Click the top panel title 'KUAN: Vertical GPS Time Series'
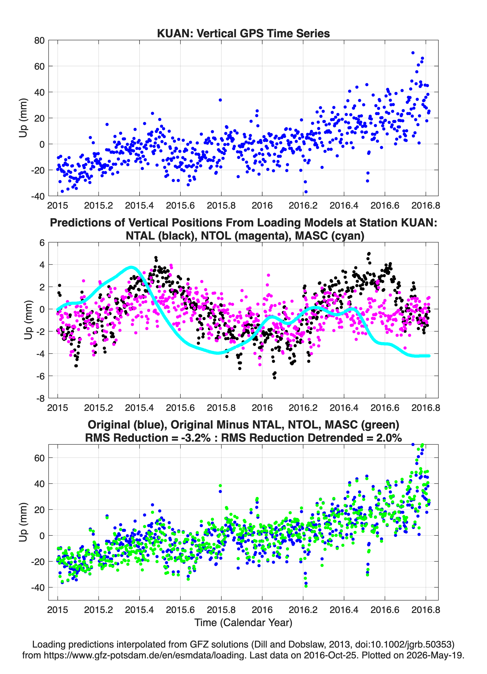(243, 33)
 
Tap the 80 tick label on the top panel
(39, 40)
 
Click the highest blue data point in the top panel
(413, 53)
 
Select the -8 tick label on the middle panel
(40, 398)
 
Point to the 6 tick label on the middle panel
(42, 243)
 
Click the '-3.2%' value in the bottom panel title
(196, 438)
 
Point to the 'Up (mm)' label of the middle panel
(28, 320)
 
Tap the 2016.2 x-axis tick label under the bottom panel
(303, 610)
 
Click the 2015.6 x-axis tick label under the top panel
(180, 205)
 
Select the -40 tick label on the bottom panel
(38, 587)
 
